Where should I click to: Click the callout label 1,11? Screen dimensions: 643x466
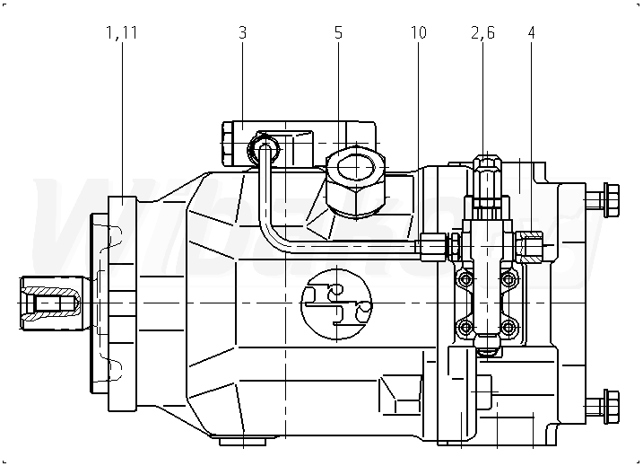(121, 33)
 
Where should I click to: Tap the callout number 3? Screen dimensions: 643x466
(243, 33)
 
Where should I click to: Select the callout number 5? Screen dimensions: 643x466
(338, 33)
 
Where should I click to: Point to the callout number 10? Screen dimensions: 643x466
(419, 33)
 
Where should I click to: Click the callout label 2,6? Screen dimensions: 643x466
(483, 33)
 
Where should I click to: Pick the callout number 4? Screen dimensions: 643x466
(532, 33)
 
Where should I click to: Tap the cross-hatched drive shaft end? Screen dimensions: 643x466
(50, 303)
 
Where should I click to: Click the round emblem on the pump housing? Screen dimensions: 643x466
(336, 304)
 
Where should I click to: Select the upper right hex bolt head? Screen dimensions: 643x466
(611, 200)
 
